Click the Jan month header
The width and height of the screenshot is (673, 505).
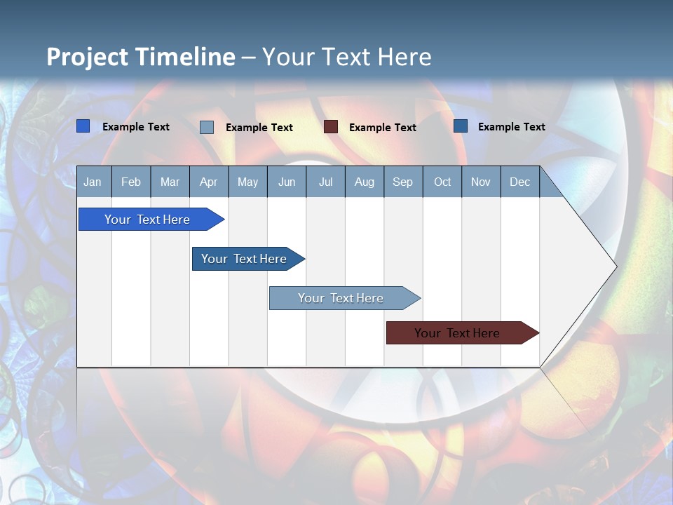(x=93, y=182)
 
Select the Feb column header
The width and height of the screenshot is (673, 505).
(x=131, y=182)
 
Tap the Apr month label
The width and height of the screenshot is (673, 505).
(x=208, y=182)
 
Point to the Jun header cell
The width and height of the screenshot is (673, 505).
(x=287, y=182)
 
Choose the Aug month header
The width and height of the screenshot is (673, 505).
(x=364, y=182)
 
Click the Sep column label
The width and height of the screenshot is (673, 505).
(x=402, y=182)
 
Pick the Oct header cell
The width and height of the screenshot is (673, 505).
(x=442, y=182)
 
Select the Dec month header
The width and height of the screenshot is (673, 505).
(x=519, y=182)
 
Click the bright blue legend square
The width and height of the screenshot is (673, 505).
(x=83, y=126)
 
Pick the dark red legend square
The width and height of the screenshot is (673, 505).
(x=331, y=127)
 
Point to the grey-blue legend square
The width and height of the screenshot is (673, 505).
(x=207, y=127)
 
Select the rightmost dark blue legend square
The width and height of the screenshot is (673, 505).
(x=461, y=126)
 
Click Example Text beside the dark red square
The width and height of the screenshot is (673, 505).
(x=383, y=128)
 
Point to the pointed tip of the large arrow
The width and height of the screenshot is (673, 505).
(x=615, y=266)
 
